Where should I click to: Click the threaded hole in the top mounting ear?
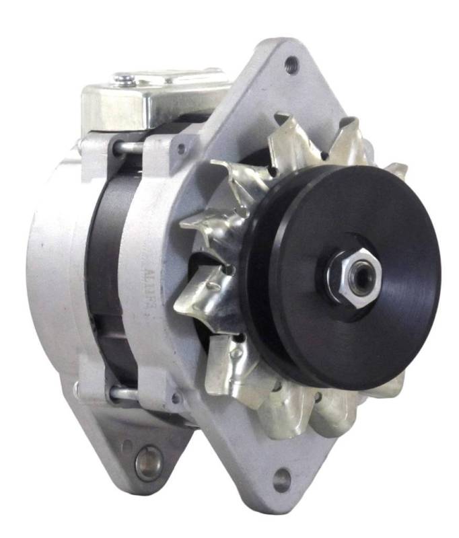pyautogui.click(x=291, y=65)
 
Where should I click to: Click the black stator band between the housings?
pyautogui.click(x=108, y=269)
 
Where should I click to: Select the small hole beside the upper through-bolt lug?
pyautogui.click(x=180, y=149)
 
